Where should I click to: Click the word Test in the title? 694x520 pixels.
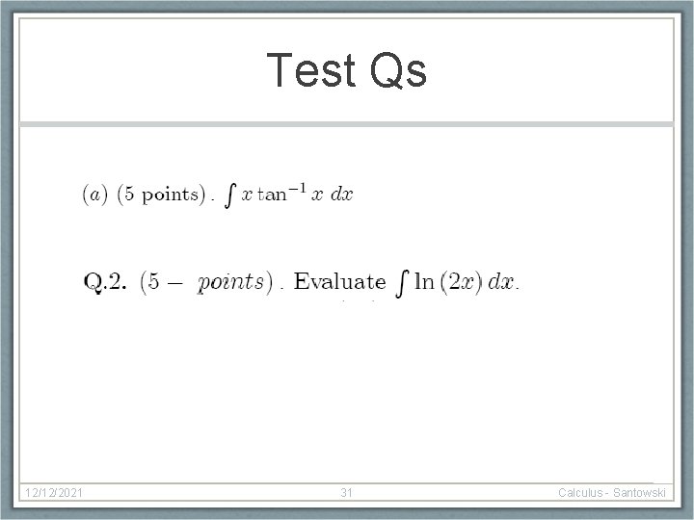click(x=307, y=70)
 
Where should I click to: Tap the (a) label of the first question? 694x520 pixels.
click(x=94, y=195)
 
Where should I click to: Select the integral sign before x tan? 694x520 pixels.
click(x=228, y=195)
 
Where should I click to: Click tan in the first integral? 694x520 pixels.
click(x=274, y=195)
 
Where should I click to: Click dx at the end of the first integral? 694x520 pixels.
click(x=341, y=195)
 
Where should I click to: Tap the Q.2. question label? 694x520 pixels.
click(x=105, y=281)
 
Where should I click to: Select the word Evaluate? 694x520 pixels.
click(x=339, y=281)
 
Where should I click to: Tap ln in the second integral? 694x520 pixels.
click(x=423, y=281)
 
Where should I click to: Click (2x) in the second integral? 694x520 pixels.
click(x=460, y=281)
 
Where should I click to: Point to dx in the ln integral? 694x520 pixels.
click(x=500, y=281)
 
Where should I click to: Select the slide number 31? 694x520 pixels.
click(x=347, y=493)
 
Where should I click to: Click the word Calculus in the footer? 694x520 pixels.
click(x=584, y=493)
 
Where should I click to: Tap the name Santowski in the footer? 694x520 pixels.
click(x=640, y=493)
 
